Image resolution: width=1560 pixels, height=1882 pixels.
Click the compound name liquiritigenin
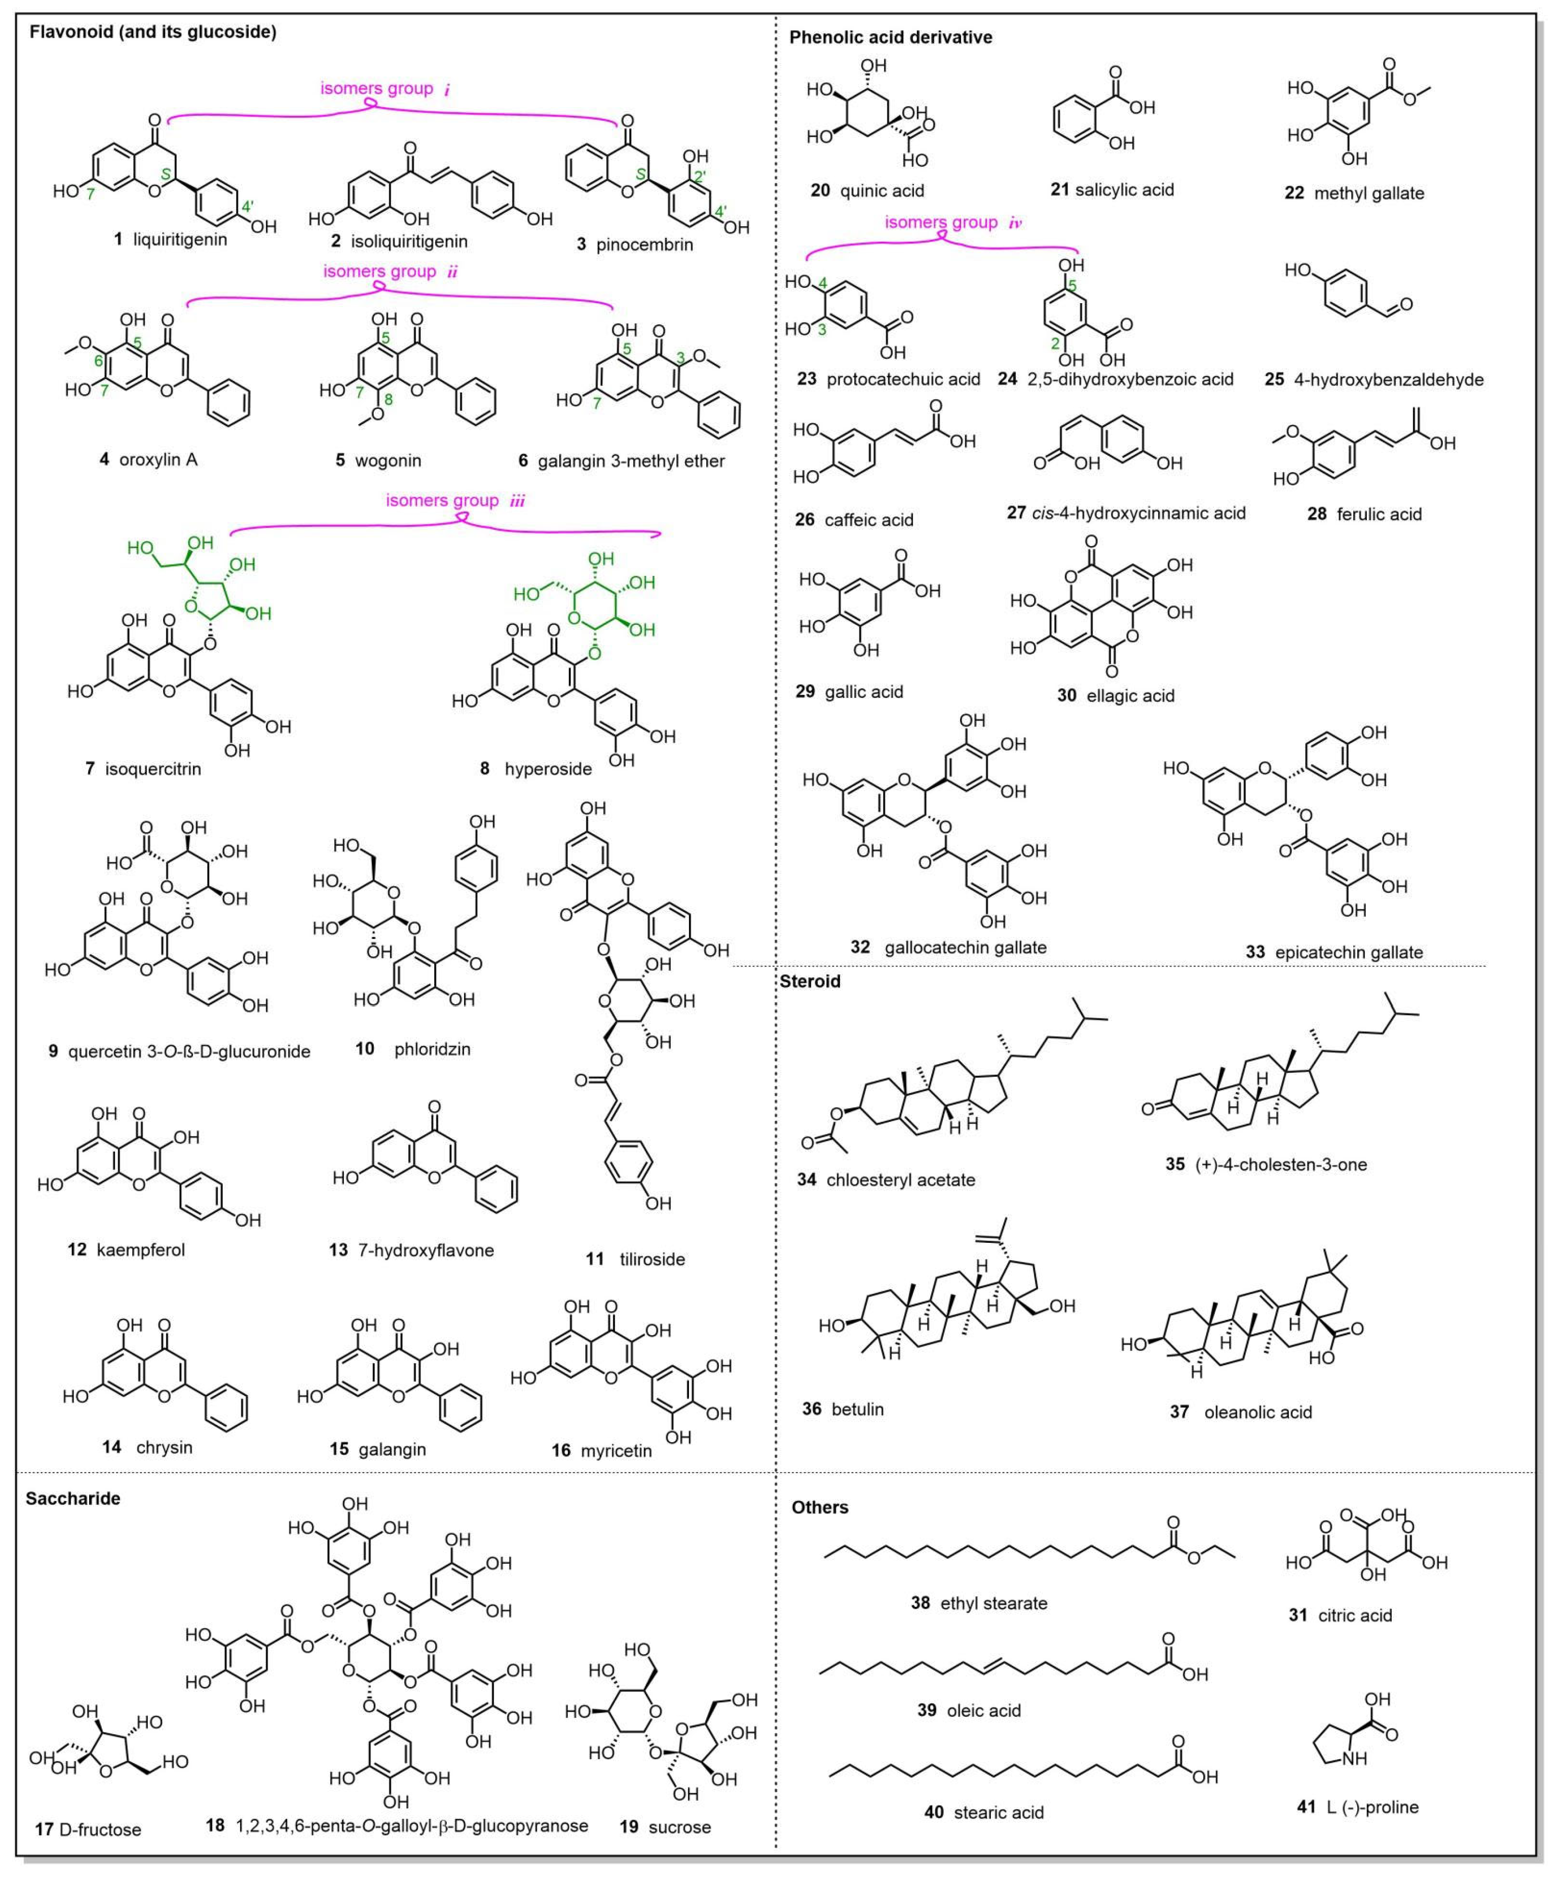(180, 240)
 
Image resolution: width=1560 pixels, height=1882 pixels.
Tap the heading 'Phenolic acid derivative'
(890, 38)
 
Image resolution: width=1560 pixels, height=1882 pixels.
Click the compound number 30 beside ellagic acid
(1066, 695)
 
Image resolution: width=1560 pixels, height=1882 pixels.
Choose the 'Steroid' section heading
(810, 981)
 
